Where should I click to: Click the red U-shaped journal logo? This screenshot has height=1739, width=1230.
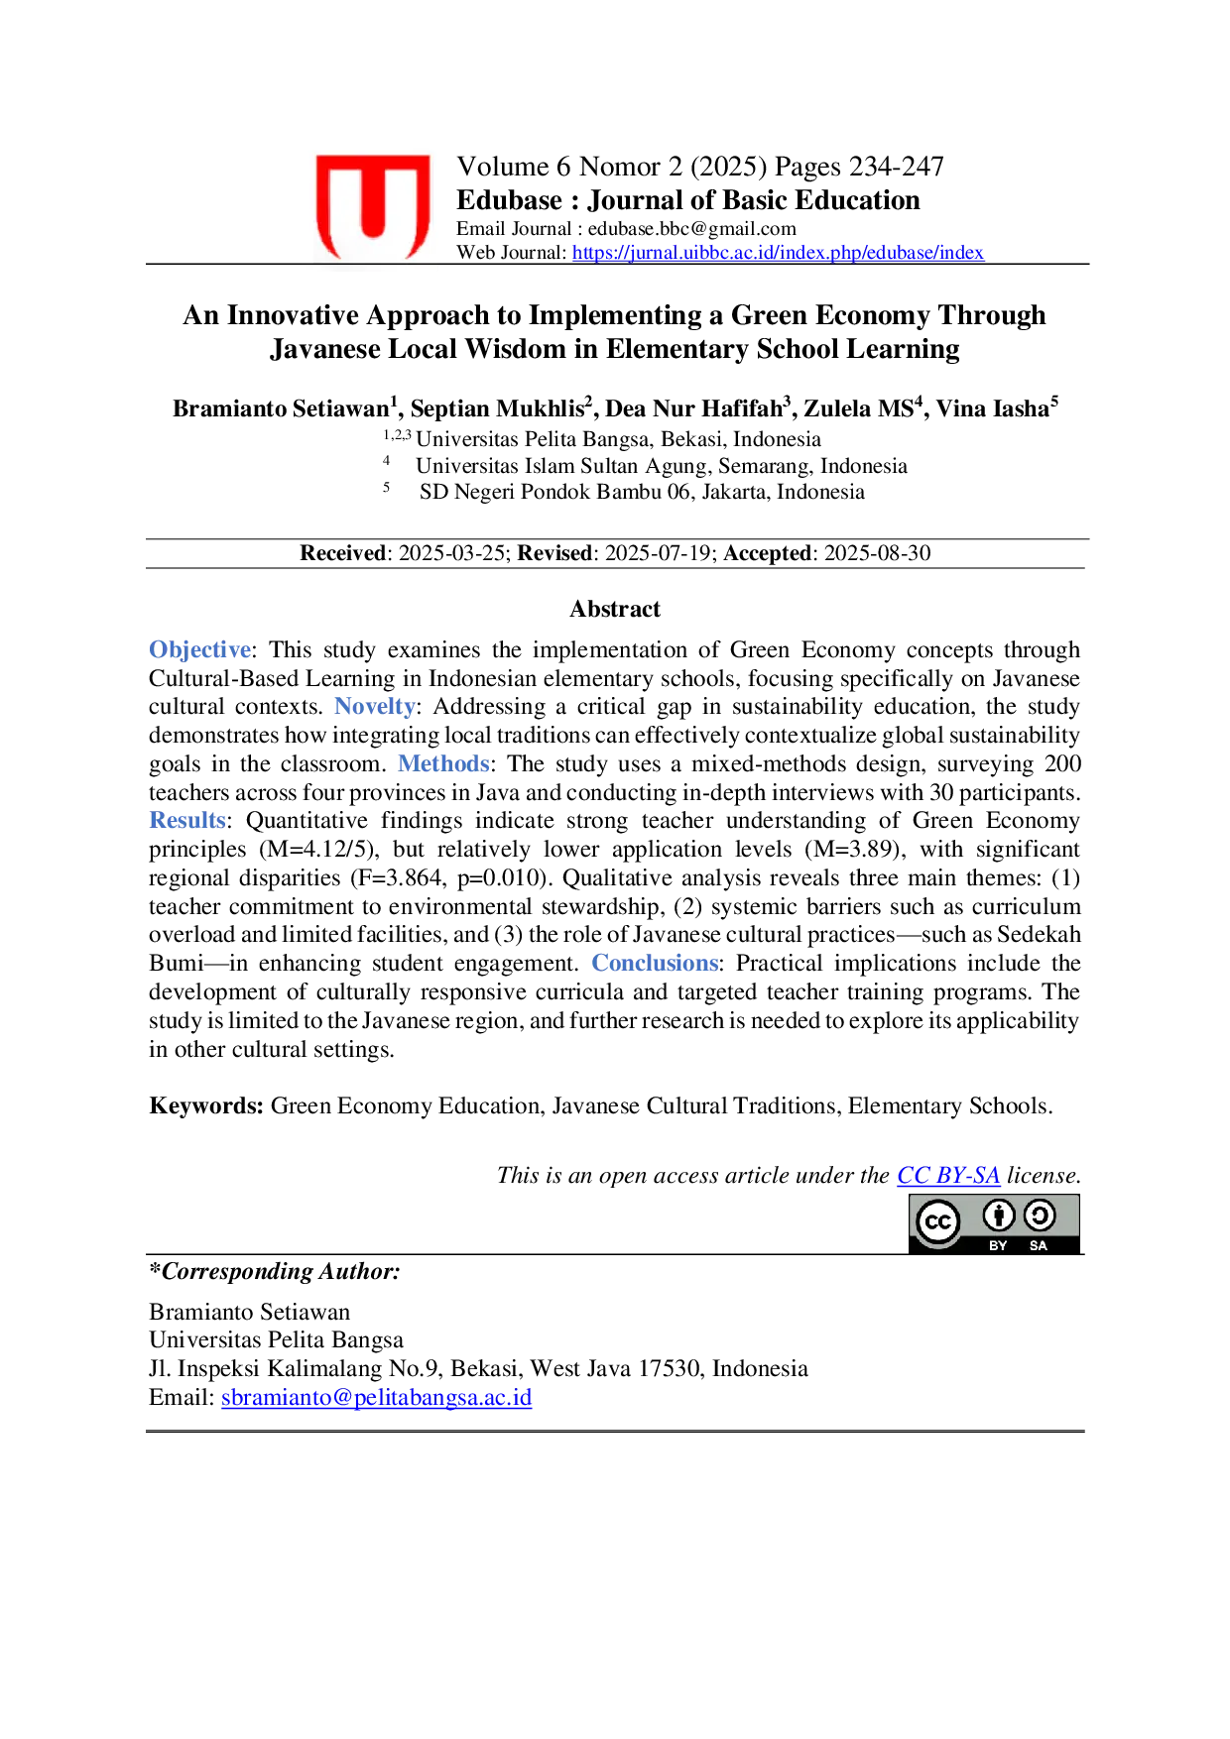(372, 205)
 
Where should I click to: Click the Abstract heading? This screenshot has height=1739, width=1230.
(615, 607)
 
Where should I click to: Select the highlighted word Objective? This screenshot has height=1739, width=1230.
(199, 649)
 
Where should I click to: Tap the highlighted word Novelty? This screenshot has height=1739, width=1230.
(374, 707)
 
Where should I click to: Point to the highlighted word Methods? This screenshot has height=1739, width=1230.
(443, 764)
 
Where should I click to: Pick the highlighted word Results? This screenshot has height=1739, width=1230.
(187, 821)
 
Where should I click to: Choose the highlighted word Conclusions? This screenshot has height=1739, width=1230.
(655, 963)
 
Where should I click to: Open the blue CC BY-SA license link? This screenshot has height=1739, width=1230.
(948, 1177)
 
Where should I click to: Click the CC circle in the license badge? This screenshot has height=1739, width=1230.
(937, 1221)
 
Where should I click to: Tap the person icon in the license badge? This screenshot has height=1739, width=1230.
(998, 1215)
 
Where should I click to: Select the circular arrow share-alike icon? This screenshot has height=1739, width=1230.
(1040, 1215)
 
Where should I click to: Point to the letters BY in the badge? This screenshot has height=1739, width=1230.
(998, 1245)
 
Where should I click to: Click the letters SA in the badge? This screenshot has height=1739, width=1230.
(1039, 1245)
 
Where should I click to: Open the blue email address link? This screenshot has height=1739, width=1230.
(377, 1398)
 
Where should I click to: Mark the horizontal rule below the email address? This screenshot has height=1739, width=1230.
(615, 1432)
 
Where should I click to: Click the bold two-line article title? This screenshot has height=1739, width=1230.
(615, 332)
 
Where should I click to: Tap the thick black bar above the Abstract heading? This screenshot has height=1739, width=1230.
(615, 540)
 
